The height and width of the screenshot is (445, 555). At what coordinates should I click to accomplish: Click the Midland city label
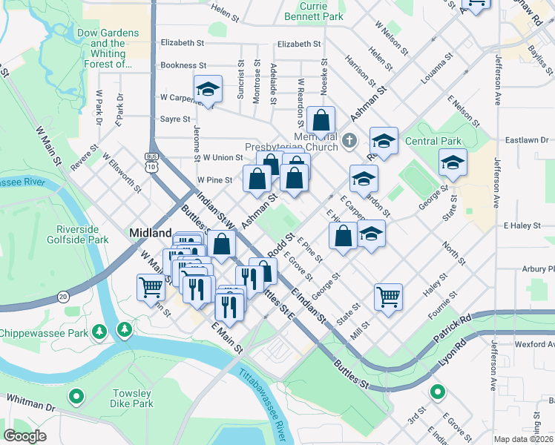(x=151, y=232)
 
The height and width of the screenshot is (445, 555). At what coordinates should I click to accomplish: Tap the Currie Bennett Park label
(x=323, y=10)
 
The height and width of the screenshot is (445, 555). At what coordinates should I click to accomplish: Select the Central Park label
(x=433, y=141)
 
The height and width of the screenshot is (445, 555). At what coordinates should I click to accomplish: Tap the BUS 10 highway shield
(x=151, y=162)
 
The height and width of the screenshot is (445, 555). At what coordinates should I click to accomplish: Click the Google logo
(x=25, y=435)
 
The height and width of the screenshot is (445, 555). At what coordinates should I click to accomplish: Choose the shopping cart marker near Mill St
(x=388, y=297)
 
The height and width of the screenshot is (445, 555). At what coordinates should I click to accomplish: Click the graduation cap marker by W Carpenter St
(x=208, y=90)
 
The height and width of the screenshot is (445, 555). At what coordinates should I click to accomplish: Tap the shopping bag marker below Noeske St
(x=321, y=120)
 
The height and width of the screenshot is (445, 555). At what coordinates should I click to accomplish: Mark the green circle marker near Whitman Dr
(x=75, y=397)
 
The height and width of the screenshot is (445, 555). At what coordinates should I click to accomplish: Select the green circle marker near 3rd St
(x=438, y=392)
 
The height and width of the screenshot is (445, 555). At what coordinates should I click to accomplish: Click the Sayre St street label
(x=175, y=119)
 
